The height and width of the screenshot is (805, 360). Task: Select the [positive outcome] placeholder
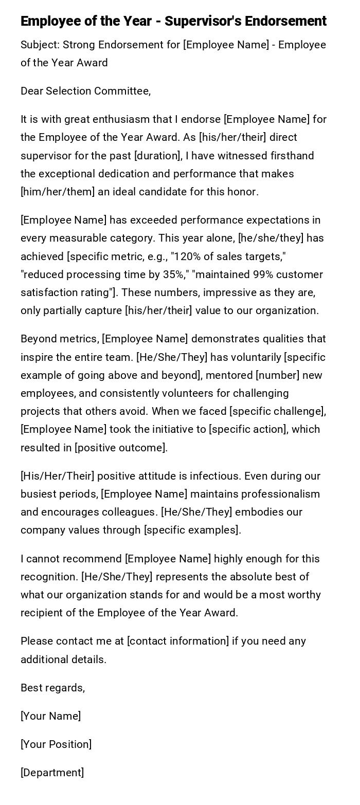coord(121,448)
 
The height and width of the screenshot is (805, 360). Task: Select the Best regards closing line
coord(52,688)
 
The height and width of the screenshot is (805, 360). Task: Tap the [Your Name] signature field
coord(50,716)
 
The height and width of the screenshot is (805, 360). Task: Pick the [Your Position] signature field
coord(56,744)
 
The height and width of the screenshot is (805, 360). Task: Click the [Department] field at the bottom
coord(52,773)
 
